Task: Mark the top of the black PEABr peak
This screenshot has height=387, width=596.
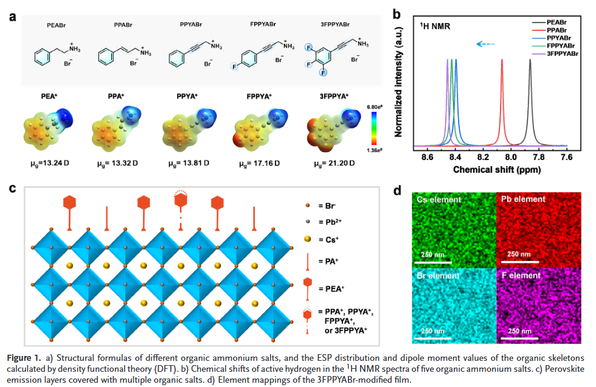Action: click(530, 60)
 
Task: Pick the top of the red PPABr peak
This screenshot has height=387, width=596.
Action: click(502, 60)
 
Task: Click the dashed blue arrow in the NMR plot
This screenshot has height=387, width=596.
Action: click(485, 44)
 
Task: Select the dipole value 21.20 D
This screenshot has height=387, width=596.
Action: click(334, 164)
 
